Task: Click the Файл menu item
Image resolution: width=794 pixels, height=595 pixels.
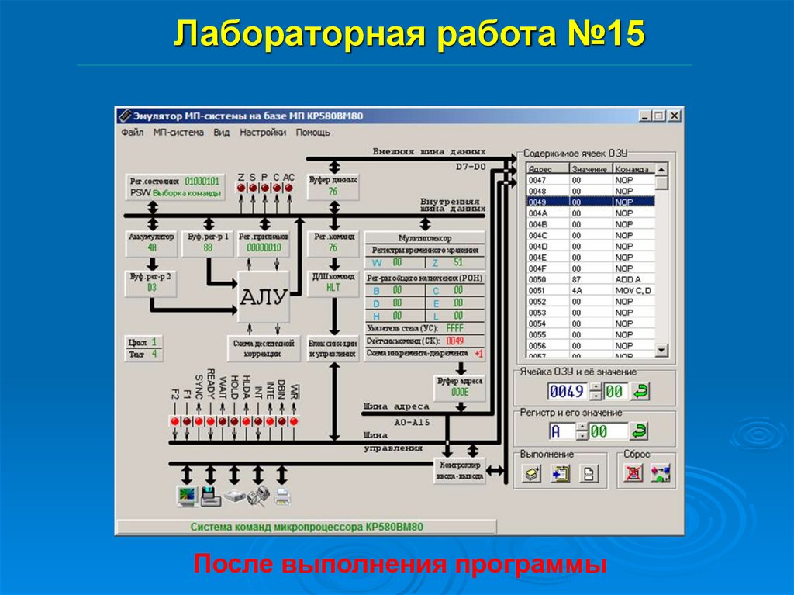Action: pyautogui.click(x=133, y=133)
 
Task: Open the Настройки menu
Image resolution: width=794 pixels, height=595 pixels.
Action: pyautogui.click(x=263, y=133)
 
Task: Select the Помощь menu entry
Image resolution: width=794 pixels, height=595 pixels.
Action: pyautogui.click(x=312, y=133)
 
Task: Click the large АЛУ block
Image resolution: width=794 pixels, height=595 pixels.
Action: pyautogui.click(x=263, y=297)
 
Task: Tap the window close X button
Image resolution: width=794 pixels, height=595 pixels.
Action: pyautogui.click(x=675, y=116)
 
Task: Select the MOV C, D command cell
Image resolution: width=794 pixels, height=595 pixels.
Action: pyautogui.click(x=633, y=290)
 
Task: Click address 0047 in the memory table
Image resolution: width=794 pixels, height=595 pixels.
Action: pyautogui.click(x=538, y=180)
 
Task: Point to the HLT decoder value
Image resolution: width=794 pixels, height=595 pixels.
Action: pyautogui.click(x=333, y=287)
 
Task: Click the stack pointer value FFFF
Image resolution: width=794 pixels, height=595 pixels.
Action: pyautogui.click(x=454, y=329)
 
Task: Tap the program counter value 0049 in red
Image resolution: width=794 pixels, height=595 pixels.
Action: pyautogui.click(x=455, y=341)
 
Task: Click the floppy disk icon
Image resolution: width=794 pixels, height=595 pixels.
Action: pyautogui.click(x=210, y=496)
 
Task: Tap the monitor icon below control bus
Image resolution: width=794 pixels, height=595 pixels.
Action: pyautogui.click(x=186, y=496)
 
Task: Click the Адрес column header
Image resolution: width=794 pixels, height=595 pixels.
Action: pyautogui.click(x=540, y=169)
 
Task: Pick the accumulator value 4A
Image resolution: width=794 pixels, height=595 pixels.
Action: pyautogui.click(x=152, y=248)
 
